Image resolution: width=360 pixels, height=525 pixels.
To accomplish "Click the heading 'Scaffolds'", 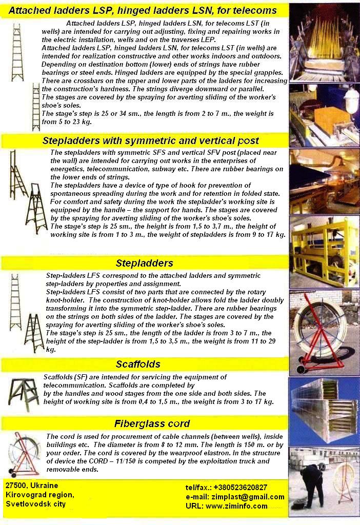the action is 138,364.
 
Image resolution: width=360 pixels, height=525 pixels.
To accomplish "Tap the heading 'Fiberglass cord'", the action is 152,423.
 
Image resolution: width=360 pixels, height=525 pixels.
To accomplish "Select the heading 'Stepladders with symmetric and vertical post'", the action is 151,140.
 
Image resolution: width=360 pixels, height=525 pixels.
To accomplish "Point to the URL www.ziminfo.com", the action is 236,506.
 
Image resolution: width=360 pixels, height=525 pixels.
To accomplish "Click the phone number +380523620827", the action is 240,488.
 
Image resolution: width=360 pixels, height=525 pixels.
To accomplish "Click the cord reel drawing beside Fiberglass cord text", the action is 24,454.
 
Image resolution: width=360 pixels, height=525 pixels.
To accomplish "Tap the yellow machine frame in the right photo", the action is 323,252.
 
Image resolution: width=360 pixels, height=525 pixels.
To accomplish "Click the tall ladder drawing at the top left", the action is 17,52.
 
